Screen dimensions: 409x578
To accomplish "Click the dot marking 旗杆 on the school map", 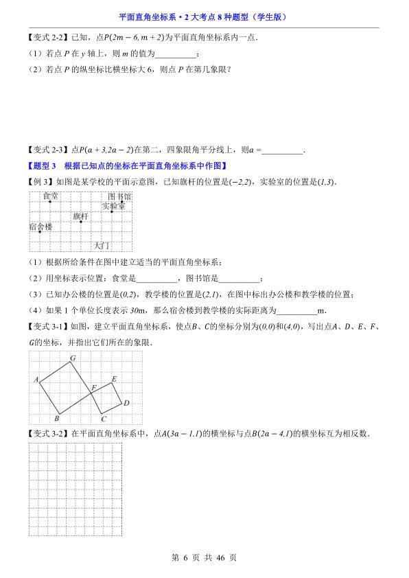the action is point(81,221).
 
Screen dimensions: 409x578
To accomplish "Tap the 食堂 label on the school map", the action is point(50,196).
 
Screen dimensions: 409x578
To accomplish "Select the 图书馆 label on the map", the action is point(119,196).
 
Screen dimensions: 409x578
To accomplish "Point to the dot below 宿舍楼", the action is point(40,232).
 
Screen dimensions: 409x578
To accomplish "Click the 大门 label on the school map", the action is point(102,245).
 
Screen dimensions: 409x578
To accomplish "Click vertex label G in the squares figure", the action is point(72,358).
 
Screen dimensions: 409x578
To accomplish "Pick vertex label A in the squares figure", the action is point(35,380).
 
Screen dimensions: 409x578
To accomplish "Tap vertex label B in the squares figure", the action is point(57,418).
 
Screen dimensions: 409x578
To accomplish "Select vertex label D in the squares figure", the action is point(126,403).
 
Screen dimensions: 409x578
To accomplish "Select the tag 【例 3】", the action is point(40,181).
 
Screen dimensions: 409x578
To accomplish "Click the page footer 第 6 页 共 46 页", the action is point(204,558).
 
